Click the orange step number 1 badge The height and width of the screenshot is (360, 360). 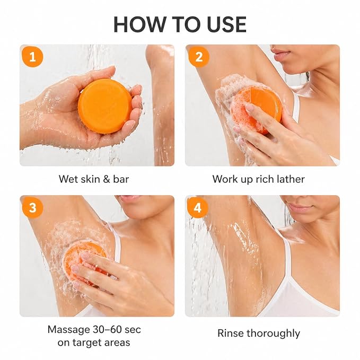point(32,57)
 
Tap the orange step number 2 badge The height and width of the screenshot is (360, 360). point(199,57)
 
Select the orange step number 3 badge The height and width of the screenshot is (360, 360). point(32,207)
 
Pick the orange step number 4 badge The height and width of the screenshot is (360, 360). point(197,207)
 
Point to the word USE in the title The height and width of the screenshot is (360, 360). point(226,24)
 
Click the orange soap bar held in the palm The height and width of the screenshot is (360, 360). point(105,106)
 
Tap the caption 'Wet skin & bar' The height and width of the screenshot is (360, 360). point(94,179)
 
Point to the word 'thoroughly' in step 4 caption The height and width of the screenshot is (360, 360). point(273,333)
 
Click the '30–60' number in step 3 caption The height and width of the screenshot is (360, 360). point(107,330)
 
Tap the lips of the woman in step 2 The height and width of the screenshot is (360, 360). point(280,55)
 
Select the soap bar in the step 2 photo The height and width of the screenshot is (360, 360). point(257,109)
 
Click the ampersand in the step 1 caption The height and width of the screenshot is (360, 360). point(106,179)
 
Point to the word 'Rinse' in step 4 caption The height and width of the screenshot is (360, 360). point(231,333)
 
